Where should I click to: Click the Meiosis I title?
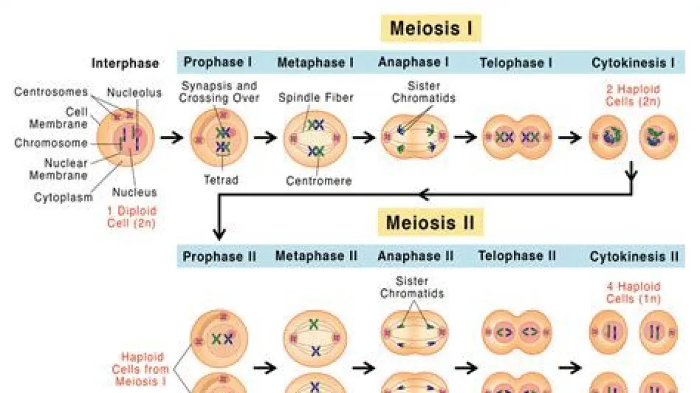coord(431,28)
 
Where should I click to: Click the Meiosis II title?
coord(430,222)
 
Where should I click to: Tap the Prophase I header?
coord(218,62)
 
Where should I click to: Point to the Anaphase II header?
coord(415,256)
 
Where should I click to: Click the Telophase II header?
coord(517,256)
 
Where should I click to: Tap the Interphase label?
coord(125,63)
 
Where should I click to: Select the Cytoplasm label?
coord(63,197)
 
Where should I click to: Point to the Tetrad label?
coord(220,180)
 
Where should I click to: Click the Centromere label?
coord(318,181)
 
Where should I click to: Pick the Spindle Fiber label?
coord(316,97)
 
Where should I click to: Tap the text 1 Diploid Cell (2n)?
coord(132,216)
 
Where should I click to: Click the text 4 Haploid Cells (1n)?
coord(632,292)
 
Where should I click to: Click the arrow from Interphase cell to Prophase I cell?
coord(173,138)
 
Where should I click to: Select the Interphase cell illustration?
coord(125,136)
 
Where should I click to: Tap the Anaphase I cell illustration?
coord(414,137)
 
